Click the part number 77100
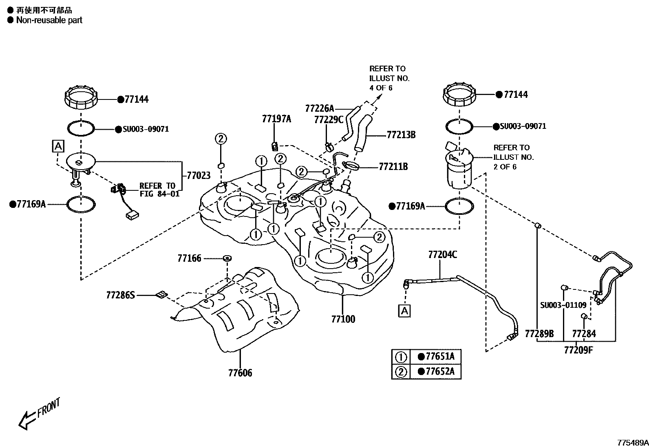pyautogui.click(x=343, y=319)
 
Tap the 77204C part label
pyautogui.click(x=442, y=255)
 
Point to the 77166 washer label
pyautogui.click(x=189, y=258)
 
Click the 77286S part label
pyautogui.click(x=120, y=294)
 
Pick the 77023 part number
pyautogui.click(x=199, y=176)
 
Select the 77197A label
pyautogui.click(x=276, y=119)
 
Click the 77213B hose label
pyautogui.click(x=401, y=135)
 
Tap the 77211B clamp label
pyautogui.click(x=393, y=166)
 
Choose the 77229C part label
pyautogui.click(x=329, y=119)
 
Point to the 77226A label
pyautogui.click(x=319, y=108)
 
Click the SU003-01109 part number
pyautogui.click(x=563, y=305)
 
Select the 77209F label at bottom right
pyautogui.click(x=578, y=349)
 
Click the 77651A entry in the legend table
pyautogui.click(x=439, y=357)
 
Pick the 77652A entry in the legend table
pyautogui.click(x=439, y=371)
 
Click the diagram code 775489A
pyautogui.click(x=632, y=442)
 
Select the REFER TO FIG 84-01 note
pyautogui.click(x=159, y=190)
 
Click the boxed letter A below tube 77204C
pyautogui.click(x=404, y=311)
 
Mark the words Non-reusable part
pyautogui.click(x=49, y=20)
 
